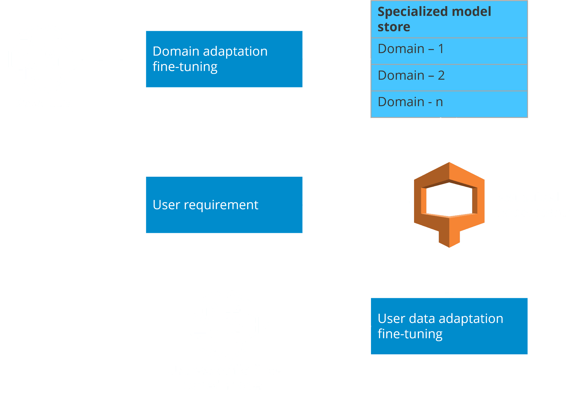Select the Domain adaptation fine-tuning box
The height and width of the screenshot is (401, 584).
click(x=224, y=59)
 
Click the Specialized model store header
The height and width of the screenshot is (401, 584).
click(x=449, y=19)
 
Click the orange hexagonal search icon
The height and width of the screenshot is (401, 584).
click(x=449, y=203)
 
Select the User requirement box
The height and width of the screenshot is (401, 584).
click(x=224, y=205)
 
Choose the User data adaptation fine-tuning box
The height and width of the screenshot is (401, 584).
click(x=449, y=326)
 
